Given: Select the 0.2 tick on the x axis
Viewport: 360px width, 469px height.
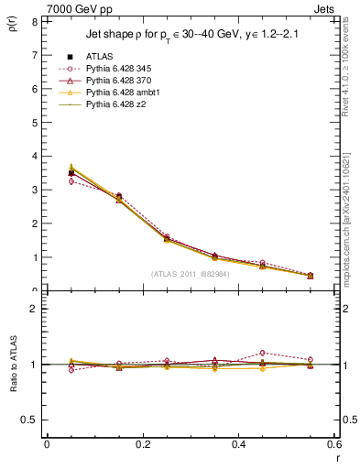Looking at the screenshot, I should click(x=143, y=443).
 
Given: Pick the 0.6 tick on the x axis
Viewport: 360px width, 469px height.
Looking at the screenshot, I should click(x=334, y=443).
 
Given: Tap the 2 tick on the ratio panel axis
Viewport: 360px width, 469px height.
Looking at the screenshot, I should click(x=34, y=309).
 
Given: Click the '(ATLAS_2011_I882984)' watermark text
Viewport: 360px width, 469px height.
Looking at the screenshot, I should click(x=190, y=273).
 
